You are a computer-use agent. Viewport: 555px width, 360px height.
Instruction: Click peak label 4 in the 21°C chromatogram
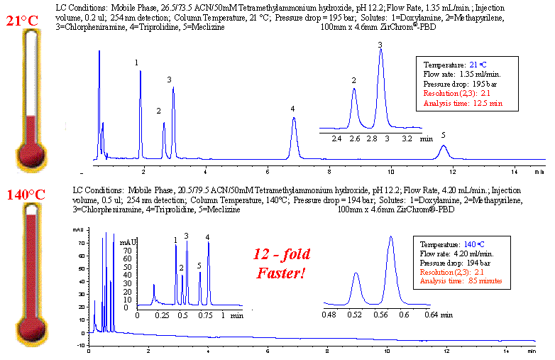coord(292,109)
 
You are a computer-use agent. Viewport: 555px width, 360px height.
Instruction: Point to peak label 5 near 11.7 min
coord(443,135)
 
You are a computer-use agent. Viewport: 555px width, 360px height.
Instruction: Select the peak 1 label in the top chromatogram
coord(137,62)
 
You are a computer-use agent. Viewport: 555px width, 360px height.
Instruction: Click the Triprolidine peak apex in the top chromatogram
coord(294,119)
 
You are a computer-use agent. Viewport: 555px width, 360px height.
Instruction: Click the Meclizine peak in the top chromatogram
coord(444,147)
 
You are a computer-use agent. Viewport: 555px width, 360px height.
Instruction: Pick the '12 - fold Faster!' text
coord(282,263)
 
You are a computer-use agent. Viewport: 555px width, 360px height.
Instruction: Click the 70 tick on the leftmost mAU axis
coord(80,241)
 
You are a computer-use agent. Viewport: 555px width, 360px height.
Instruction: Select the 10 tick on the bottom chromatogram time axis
coord(386,351)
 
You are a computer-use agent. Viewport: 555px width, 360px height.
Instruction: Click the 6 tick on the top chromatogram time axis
coord(267,171)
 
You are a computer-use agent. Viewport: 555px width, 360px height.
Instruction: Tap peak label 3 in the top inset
coord(380,45)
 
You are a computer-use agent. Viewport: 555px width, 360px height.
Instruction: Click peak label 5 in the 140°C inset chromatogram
coord(199,266)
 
